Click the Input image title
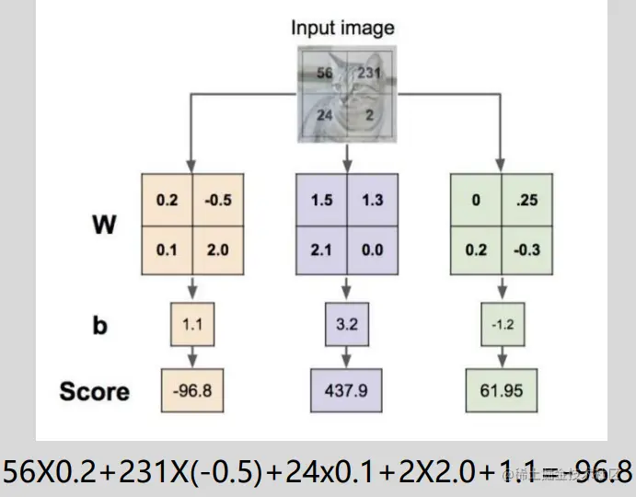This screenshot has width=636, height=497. click(342, 28)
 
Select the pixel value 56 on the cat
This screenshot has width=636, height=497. click(324, 74)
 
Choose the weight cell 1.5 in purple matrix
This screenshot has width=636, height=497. click(322, 200)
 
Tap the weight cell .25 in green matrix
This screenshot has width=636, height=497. click(526, 200)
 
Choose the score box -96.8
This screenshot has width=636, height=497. click(191, 390)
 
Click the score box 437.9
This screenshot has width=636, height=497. click(347, 390)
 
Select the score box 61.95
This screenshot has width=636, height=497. click(501, 390)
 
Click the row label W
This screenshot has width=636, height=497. click(104, 225)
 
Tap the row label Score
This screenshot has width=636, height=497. click(94, 391)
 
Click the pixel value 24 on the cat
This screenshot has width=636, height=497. click(324, 116)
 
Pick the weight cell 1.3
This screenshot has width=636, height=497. click(372, 200)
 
